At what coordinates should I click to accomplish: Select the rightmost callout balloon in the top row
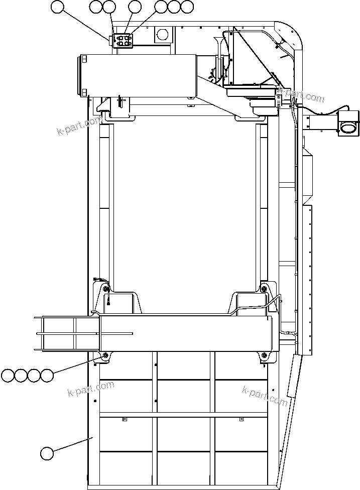click(187, 7)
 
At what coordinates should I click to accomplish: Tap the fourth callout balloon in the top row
click(135, 7)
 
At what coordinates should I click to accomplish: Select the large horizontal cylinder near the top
click(136, 75)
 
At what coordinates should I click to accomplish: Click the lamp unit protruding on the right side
click(349, 124)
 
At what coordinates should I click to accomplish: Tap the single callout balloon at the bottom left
click(47, 453)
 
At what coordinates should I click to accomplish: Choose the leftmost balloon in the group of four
click(8, 375)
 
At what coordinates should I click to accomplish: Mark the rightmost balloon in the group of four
click(47, 375)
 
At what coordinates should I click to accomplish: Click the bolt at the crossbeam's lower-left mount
click(105, 356)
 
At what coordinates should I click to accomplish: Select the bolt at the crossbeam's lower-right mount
click(264, 356)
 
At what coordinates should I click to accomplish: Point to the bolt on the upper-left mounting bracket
click(105, 289)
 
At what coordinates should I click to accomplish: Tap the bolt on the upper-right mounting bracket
click(264, 288)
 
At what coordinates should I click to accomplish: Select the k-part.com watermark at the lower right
click(265, 396)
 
